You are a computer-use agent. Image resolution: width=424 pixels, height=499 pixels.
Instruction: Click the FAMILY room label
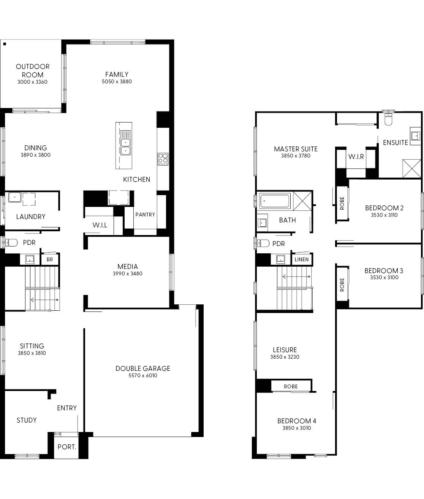coord(117,75)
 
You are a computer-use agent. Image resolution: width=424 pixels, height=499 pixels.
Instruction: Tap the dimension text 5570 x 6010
coord(143,375)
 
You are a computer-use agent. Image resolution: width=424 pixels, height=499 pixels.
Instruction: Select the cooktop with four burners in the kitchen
coord(163,159)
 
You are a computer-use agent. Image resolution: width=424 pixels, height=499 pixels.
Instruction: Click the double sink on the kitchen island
coord(125,146)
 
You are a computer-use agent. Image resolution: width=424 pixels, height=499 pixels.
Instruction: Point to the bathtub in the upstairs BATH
coord(275,200)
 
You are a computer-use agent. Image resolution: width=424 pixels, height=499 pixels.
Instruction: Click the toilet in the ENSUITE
coord(388,119)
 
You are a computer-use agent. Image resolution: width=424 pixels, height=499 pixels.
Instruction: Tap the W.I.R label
coord(356,157)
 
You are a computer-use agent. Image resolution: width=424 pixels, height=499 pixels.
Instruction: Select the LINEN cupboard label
coord(302,260)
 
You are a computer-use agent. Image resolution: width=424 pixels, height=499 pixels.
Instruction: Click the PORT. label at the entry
coord(67,447)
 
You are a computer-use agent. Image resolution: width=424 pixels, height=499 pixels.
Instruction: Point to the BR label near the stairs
coord(50,260)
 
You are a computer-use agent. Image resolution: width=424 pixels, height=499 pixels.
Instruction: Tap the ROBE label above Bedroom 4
coord(291,386)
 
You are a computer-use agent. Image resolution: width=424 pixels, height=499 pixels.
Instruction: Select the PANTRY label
coord(145,215)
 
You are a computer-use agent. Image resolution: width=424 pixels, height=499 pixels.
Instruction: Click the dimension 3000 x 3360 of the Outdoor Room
coord(32,82)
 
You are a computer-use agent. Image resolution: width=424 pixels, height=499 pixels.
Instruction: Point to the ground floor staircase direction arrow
coord(44,300)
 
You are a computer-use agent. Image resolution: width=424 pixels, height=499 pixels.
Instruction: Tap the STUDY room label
coord(27,420)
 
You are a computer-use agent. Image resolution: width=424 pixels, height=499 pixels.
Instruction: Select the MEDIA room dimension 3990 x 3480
coord(128,273)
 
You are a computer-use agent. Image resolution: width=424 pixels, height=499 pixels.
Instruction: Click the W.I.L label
coord(100,225)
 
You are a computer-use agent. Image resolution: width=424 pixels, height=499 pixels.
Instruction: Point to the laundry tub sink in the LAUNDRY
coord(15,197)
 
